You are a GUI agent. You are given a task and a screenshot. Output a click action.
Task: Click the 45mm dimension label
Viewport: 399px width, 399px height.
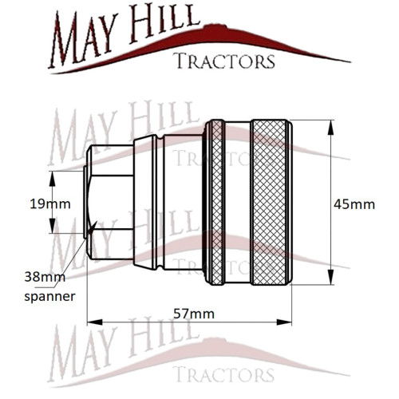(354, 204)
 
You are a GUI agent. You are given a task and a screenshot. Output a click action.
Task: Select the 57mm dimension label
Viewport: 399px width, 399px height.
(194, 314)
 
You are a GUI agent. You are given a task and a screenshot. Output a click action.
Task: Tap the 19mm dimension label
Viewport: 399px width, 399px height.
(50, 204)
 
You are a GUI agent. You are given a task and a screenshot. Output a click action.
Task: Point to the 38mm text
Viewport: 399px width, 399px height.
(45, 277)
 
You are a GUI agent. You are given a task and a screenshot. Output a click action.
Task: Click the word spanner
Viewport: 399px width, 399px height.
(49, 297)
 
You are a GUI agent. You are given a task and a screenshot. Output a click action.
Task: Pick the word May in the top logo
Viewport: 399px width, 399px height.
(83, 39)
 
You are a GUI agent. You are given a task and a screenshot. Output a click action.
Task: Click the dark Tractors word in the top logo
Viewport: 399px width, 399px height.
(224, 61)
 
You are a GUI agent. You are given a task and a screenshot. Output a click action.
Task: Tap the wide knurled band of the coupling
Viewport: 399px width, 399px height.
(269, 203)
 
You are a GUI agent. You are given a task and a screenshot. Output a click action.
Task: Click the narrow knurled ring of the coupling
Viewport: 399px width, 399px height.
(217, 203)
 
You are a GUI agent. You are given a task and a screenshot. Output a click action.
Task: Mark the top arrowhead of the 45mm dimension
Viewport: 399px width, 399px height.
(330, 128)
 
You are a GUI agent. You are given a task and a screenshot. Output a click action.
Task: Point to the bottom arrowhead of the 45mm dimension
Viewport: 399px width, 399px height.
(330, 277)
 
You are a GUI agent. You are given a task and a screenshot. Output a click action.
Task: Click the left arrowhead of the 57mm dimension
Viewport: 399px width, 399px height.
(95, 322)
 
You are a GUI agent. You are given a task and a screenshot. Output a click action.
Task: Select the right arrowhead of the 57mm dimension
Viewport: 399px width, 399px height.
(284, 322)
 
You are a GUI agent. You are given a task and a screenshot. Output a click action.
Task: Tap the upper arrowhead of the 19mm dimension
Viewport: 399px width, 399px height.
(53, 179)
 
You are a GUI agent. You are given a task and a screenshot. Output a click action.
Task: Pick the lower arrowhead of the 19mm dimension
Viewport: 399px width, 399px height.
(53, 226)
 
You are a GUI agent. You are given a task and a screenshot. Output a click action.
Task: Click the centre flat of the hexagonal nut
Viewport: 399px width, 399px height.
(112, 202)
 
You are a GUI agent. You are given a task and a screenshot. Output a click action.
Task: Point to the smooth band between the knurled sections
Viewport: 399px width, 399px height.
(237, 203)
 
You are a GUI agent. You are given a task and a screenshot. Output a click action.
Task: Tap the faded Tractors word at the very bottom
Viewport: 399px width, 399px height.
(223, 374)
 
